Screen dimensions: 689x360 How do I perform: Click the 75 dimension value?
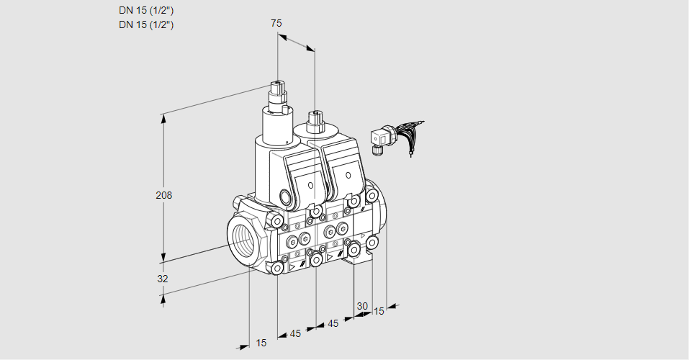pyautogui.click(x=276, y=23)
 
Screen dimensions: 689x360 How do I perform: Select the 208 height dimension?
pyautogui.click(x=164, y=194)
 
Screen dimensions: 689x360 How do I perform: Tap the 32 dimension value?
pyautogui.click(x=163, y=278)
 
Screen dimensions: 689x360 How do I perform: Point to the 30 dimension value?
pyautogui.click(x=362, y=306)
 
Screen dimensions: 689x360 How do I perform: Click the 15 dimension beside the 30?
pyautogui.click(x=379, y=311)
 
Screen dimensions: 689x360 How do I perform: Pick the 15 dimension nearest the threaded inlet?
pyautogui.click(x=261, y=343)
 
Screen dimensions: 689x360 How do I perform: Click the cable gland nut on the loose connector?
pyautogui.click(x=376, y=150)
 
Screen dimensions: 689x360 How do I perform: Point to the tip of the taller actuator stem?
pyautogui.click(x=278, y=82)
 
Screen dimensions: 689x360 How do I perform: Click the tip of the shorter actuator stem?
pyautogui.click(x=315, y=114)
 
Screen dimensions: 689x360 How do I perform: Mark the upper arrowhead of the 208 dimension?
pyautogui.click(x=164, y=117)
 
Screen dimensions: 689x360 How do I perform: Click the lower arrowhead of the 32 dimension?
pyautogui.click(x=163, y=299)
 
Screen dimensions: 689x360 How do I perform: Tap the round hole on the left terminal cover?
pyautogui.click(x=310, y=186)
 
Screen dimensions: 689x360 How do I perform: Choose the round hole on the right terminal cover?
pyautogui.click(x=348, y=176)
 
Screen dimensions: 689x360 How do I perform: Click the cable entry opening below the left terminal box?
pyautogui.click(x=286, y=196)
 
